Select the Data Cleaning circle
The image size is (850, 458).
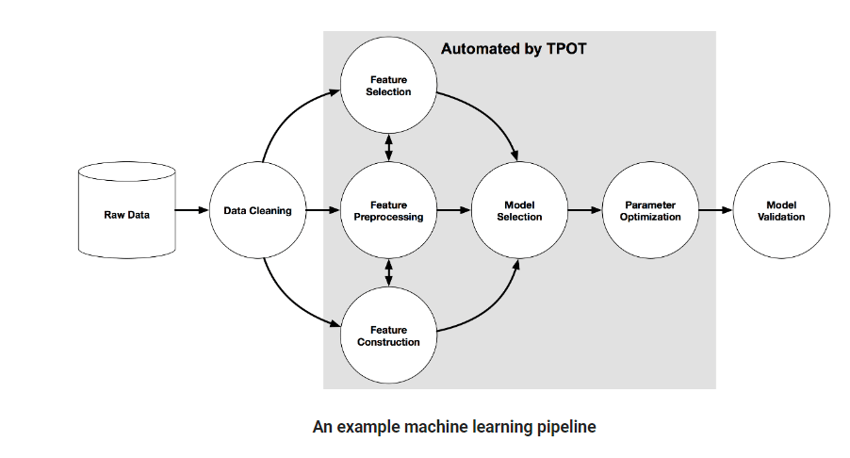(257, 211)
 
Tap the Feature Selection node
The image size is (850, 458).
(388, 86)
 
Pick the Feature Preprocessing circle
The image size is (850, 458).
(388, 211)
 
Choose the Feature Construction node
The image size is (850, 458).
(388, 336)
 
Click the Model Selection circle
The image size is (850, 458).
(519, 211)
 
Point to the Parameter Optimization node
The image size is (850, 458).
(650, 211)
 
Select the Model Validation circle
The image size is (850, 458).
(781, 211)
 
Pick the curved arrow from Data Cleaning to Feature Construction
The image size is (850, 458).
(284, 302)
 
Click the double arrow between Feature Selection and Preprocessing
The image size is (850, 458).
(388, 148)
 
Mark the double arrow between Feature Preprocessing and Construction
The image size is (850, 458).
(388, 273)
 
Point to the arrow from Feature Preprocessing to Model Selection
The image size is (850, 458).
(453, 211)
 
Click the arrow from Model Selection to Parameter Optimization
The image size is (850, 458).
(584, 211)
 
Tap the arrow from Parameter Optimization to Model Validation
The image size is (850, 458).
(715, 211)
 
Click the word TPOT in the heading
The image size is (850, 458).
(565, 48)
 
